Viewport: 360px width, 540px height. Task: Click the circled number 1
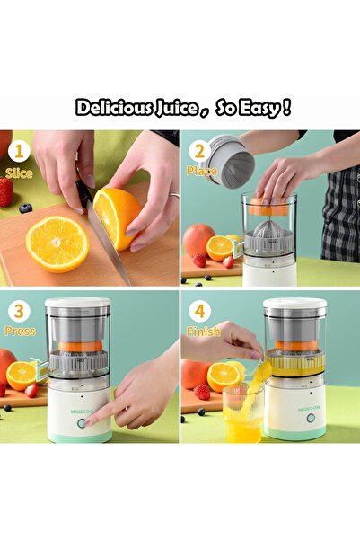(20, 151)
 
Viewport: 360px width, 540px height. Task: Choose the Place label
(201, 171)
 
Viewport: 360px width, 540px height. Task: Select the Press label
(20, 332)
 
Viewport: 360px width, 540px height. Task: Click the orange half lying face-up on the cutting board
(57, 243)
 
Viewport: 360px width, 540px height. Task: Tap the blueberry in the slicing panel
(25, 208)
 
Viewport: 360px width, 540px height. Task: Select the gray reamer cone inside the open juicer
(268, 229)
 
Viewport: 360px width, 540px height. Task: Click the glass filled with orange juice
(242, 415)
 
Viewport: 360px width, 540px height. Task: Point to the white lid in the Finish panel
(294, 305)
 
